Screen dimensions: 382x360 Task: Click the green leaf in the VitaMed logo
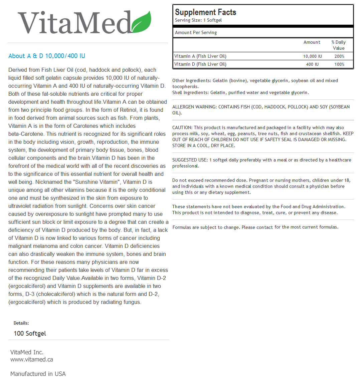click(x=142, y=22)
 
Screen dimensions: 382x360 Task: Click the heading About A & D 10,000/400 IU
click(x=47, y=56)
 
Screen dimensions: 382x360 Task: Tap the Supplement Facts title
click(x=205, y=12)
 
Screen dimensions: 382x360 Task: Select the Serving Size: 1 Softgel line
click(x=198, y=20)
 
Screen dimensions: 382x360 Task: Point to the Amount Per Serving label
click(x=196, y=33)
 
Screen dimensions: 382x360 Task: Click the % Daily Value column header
click(x=338, y=45)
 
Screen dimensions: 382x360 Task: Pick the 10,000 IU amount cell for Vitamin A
click(x=312, y=56)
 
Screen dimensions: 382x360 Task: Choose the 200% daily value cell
click(x=339, y=56)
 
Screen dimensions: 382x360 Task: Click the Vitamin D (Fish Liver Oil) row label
click(x=200, y=64)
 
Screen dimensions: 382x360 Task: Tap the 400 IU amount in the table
click(x=312, y=64)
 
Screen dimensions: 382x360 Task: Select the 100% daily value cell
click(x=339, y=64)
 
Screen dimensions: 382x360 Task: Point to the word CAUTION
click(x=182, y=128)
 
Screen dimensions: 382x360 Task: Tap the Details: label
click(x=21, y=323)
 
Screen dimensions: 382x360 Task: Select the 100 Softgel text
click(x=30, y=334)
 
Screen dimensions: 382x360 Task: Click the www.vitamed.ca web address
click(x=32, y=360)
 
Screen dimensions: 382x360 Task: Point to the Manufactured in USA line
click(x=38, y=374)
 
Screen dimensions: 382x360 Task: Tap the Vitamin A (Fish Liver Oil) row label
click(x=200, y=56)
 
